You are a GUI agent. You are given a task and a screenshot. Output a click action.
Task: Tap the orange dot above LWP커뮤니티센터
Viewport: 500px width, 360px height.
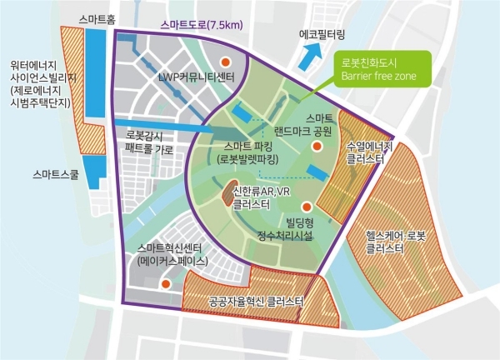point(224,62)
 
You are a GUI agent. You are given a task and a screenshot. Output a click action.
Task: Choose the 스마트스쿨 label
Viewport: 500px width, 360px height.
point(52,176)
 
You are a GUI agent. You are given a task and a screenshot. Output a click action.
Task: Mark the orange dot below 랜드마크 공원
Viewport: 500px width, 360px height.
point(317,147)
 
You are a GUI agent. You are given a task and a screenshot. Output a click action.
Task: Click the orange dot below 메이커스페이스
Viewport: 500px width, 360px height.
point(166,283)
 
